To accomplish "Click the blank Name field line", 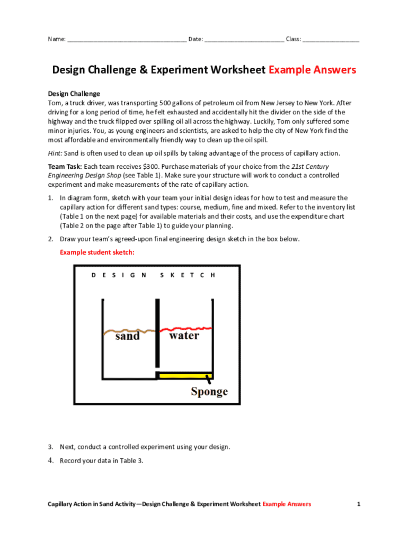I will pos(127,40).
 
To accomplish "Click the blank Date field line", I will pos(244,40).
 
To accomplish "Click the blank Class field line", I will pos(331,40).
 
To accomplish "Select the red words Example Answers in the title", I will pos(312,70).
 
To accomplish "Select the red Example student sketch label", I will pos(97,252).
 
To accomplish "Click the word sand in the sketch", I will pos(127,336).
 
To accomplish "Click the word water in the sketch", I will pos(184,336).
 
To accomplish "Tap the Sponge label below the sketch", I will pos(209,392).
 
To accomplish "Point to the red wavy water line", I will pos(185,328).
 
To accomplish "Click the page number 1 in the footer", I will pos(359,504).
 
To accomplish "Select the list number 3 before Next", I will pos(50,447).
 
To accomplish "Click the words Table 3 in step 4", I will pos(132,460).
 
